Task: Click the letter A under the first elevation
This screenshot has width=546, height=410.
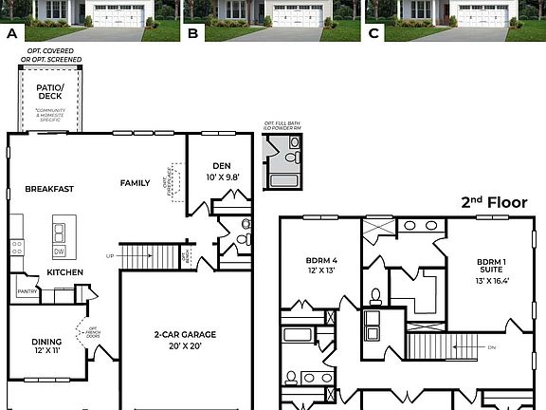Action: pyautogui.click(x=12, y=32)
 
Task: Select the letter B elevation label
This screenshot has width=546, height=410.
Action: pyautogui.click(x=193, y=32)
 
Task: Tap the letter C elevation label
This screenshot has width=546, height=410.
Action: pyautogui.click(x=373, y=32)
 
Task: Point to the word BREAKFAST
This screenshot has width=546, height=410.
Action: pyautogui.click(x=49, y=189)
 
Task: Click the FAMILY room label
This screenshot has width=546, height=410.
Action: pyautogui.click(x=135, y=182)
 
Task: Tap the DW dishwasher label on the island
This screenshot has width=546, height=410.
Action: pyautogui.click(x=60, y=251)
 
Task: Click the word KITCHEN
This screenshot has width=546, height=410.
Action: pyautogui.click(x=65, y=272)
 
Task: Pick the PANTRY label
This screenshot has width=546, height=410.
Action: pyautogui.click(x=27, y=292)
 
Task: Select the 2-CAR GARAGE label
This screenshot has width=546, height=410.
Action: pyautogui.click(x=185, y=334)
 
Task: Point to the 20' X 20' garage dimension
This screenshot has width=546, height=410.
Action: pyautogui.click(x=185, y=345)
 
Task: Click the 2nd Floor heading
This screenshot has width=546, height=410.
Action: pyautogui.click(x=486, y=202)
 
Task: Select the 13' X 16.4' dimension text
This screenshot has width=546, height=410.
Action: pyautogui.click(x=491, y=281)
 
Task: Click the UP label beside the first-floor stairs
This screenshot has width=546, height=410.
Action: pyautogui.click(x=110, y=256)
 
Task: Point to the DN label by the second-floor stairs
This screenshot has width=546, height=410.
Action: pyautogui.click(x=492, y=347)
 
